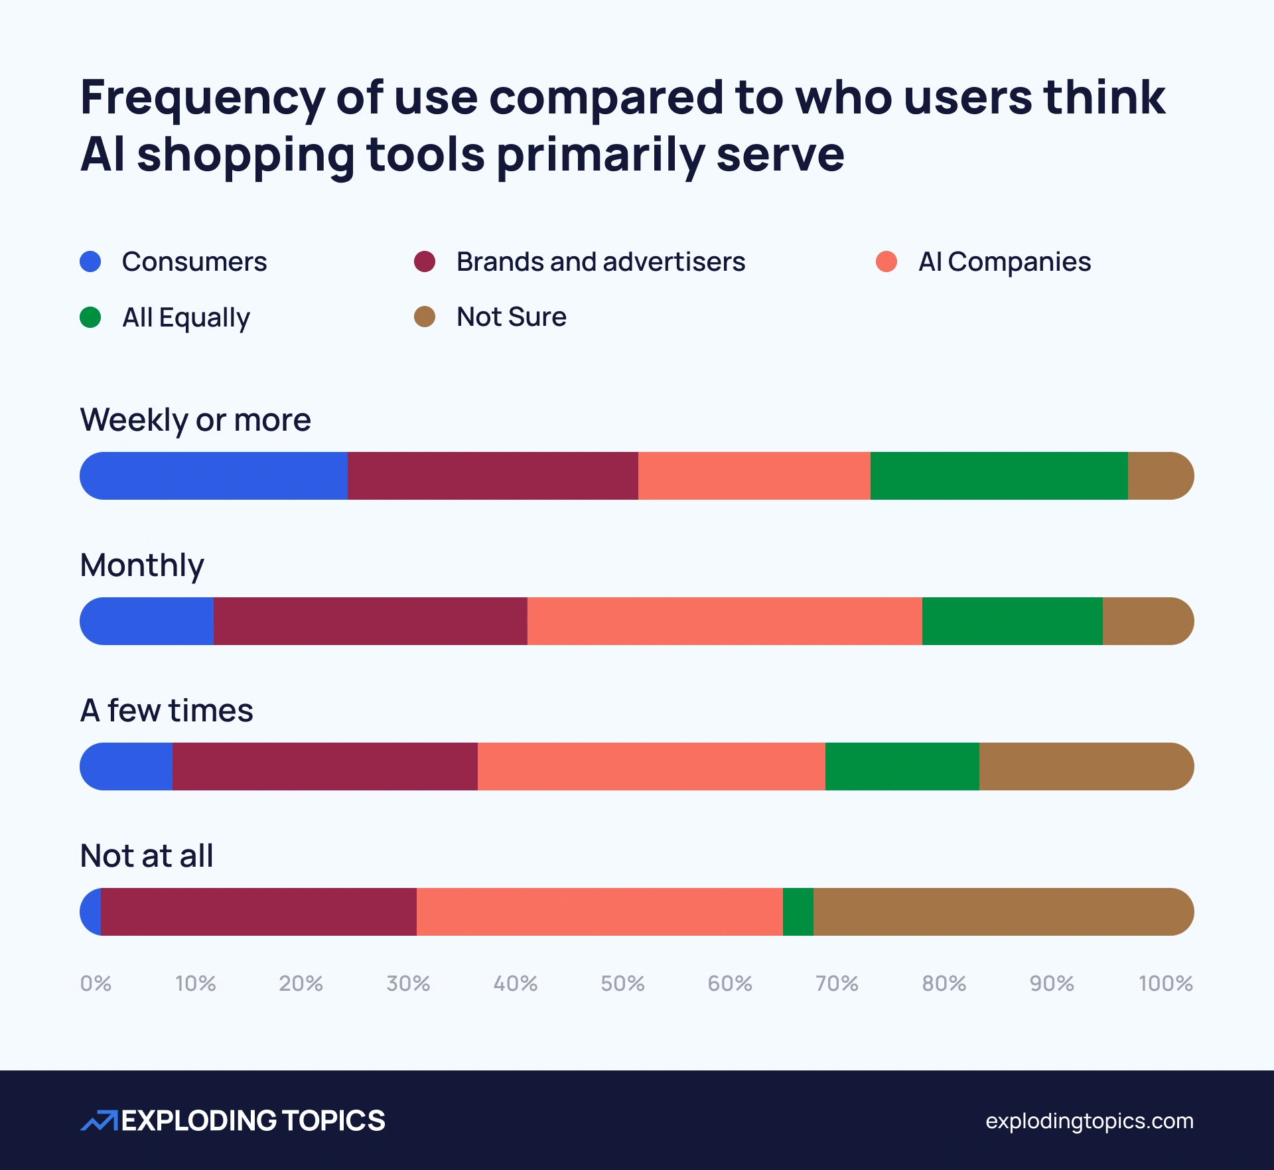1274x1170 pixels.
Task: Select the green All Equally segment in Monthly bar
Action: click(x=1012, y=621)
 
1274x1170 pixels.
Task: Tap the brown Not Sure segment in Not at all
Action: click(x=1002, y=912)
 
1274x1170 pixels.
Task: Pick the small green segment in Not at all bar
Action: click(x=798, y=912)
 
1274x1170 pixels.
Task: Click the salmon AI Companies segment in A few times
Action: click(x=651, y=767)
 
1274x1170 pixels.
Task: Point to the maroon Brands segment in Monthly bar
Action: click(x=370, y=621)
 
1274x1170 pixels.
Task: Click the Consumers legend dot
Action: click(x=90, y=261)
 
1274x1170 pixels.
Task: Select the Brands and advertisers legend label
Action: click(x=601, y=261)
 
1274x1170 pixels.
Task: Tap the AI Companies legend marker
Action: click(x=886, y=261)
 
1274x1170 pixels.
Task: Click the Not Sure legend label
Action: click(x=511, y=317)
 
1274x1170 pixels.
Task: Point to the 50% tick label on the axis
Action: click(x=622, y=983)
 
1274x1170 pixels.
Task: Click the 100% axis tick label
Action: click(x=1165, y=983)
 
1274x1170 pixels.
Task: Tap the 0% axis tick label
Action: click(x=96, y=983)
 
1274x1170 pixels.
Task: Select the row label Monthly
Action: click(x=142, y=565)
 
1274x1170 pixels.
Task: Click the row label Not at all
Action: click(x=147, y=855)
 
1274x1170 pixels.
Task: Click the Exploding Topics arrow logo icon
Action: click(x=99, y=1120)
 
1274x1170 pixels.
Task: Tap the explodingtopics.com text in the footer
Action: click(x=1089, y=1121)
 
